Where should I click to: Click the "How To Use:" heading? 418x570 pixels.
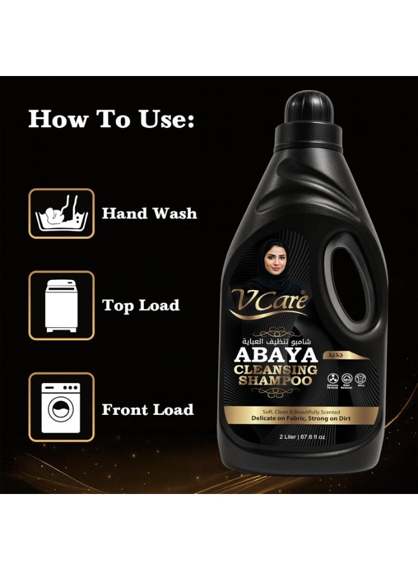click(x=111, y=119)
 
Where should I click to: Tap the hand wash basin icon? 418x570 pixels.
click(x=62, y=213)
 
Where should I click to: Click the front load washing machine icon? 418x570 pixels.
click(x=62, y=407)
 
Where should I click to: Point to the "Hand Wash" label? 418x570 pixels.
click(x=149, y=213)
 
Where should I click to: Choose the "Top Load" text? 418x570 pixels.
click(x=141, y=306)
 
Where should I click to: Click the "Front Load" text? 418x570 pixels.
click(x=148, y=410)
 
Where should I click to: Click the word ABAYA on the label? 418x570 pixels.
click(x=270, y=356)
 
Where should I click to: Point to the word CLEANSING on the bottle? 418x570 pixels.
click(x=269, y=370)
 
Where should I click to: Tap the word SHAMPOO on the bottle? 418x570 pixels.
click(x=270, y=381)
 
